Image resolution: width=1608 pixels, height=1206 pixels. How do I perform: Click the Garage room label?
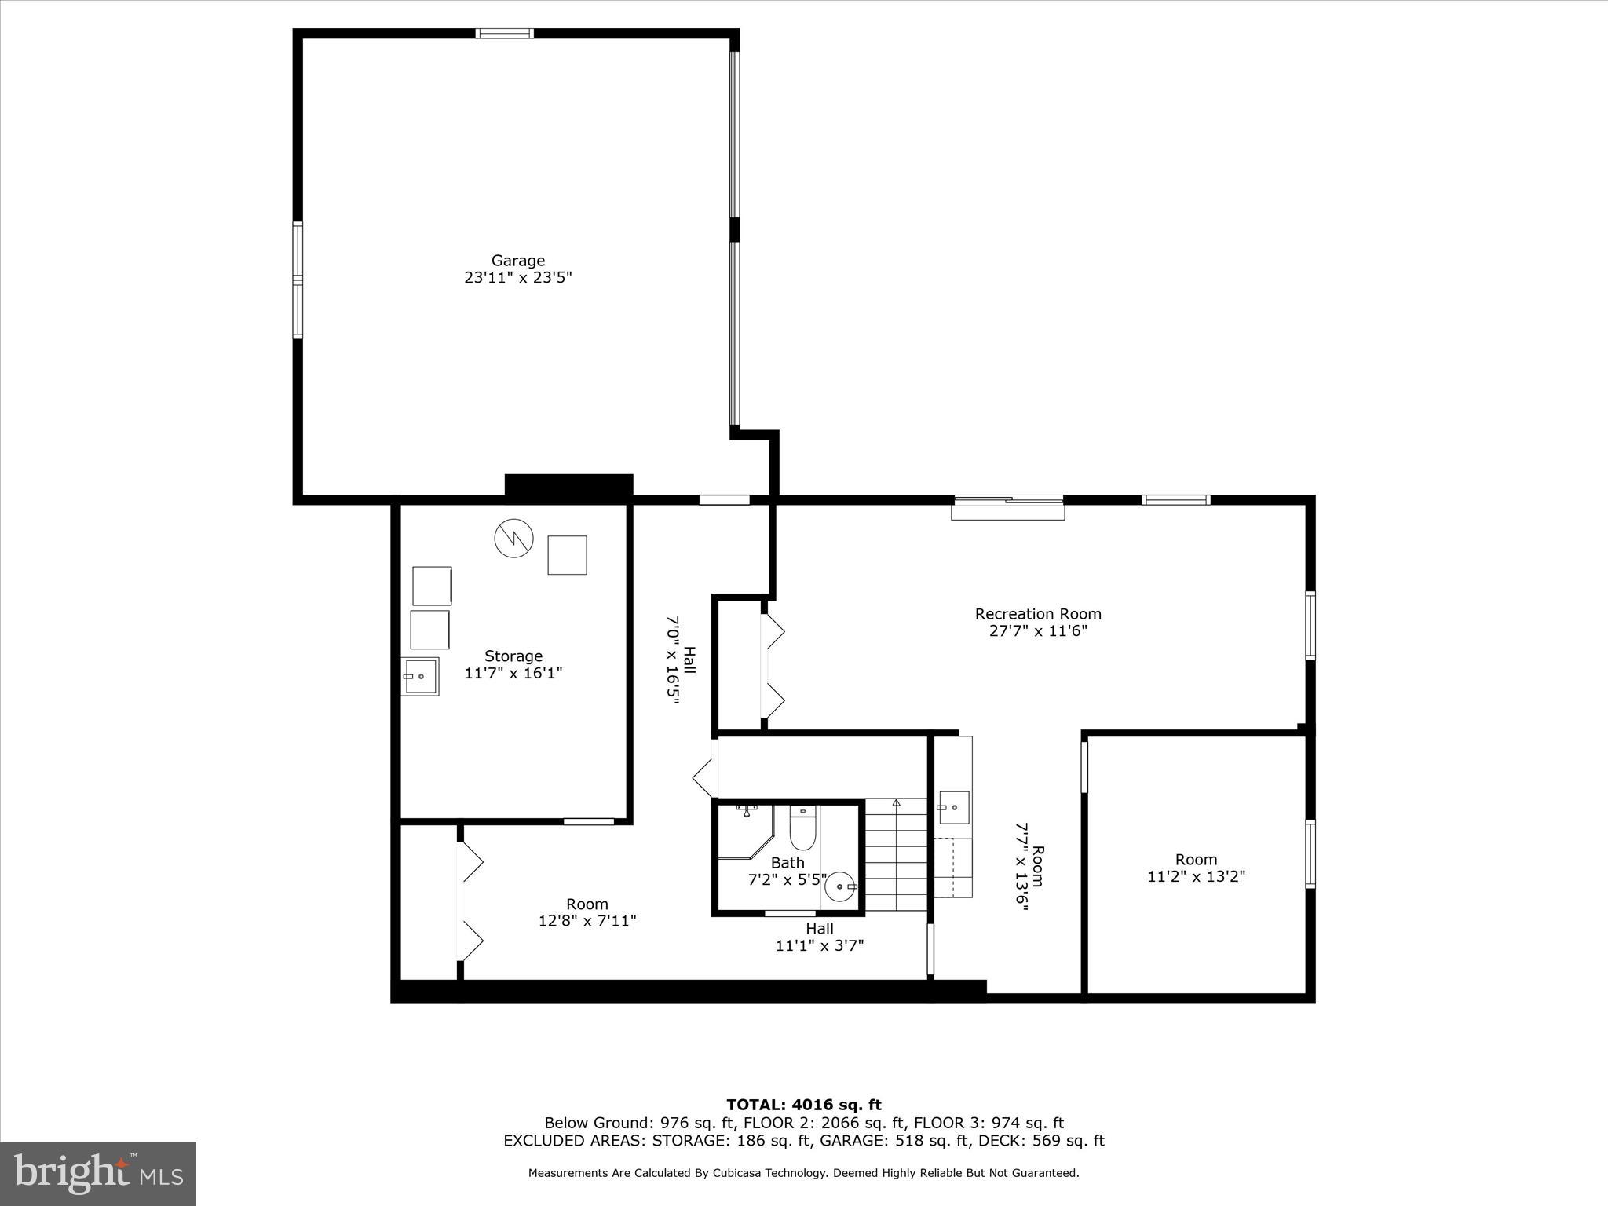coord(517,261)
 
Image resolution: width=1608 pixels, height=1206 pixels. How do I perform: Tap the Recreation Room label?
coord(1037,614)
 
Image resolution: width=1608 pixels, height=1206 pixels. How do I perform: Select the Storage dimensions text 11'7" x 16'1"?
coord(513,673)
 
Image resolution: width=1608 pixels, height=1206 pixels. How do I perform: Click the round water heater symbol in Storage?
coord(513,539)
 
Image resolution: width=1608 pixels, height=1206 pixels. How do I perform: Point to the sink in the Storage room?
coord(420,676)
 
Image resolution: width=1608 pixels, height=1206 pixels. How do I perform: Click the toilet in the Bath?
coord(802,828)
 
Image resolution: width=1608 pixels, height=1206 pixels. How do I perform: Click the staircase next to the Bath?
coord(897,856)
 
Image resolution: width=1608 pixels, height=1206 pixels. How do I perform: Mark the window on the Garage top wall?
coord(504,34)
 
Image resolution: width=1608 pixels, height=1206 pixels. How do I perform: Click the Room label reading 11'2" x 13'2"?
coord(1196,868)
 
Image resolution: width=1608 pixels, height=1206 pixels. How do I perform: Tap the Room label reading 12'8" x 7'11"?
coord(587,912)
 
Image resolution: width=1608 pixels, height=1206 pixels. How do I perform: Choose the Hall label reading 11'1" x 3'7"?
coord(819,937)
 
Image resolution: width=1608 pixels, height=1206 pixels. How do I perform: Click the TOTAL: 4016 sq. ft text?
coord(803,1105)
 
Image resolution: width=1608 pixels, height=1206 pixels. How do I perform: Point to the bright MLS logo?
coord(98,1173)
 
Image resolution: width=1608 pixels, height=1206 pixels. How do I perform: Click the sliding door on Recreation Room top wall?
coord(1008,500)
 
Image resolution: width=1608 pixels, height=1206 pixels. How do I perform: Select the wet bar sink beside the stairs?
coord(953,806)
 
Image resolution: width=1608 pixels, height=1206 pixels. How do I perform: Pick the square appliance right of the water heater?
coord(567,555)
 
